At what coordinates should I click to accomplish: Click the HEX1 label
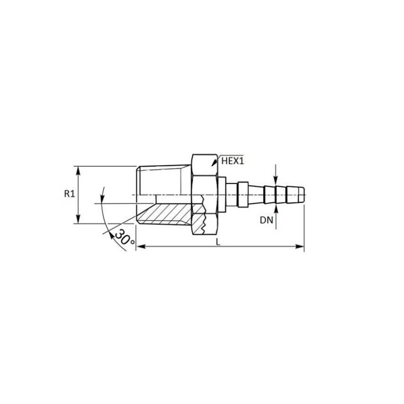[233, 161]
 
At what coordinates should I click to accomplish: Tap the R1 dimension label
[70, 194]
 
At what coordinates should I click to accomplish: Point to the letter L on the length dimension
[218, 242]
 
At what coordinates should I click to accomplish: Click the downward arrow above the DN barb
[275, 181]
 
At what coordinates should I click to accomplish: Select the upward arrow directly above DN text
[275, 205]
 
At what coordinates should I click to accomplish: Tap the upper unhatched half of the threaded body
[164, 179]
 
